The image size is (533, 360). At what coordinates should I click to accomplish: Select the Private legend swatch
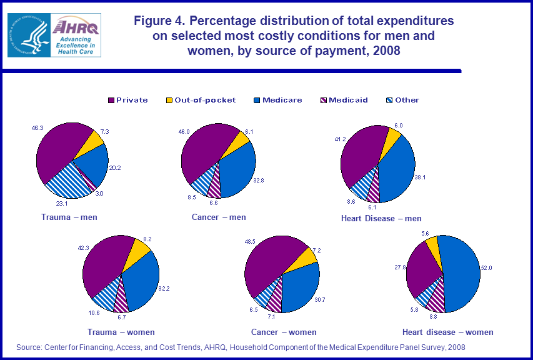pos(111,100)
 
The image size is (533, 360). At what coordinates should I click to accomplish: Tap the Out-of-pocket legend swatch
pos(169,100)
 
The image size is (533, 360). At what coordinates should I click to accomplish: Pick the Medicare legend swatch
pos(257,100)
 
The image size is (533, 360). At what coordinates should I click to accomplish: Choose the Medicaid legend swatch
pos(324,100)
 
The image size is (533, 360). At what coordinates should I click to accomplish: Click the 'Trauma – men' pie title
pos(69,217)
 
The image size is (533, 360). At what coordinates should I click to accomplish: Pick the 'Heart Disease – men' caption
pos(381,218)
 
